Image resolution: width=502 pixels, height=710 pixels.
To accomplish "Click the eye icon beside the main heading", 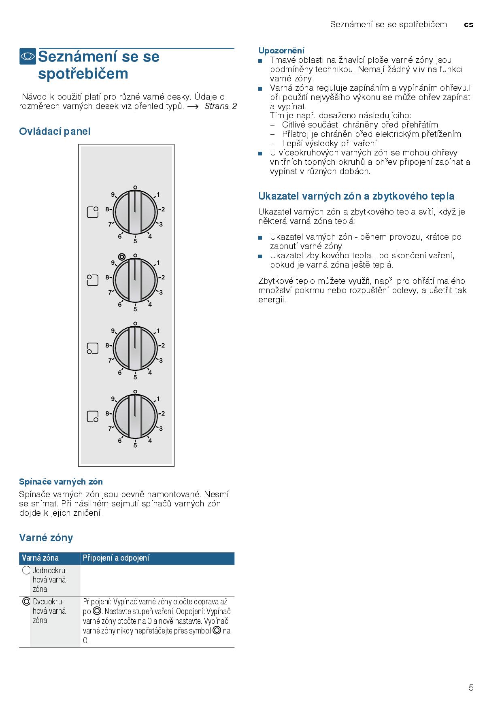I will point(28,56).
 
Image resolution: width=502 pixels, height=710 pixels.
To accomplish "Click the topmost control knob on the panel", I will point(135,212).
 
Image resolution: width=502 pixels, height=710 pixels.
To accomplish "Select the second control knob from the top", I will point(135,280).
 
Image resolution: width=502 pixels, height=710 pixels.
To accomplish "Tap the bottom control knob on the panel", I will point(135,416).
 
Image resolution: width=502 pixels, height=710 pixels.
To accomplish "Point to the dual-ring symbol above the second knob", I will point(121,256).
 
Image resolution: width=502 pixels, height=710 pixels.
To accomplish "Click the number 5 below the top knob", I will point(135,241).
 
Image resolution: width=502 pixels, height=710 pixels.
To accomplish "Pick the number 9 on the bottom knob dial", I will point(113,399).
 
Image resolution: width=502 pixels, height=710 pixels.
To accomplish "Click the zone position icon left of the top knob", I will point(93,212).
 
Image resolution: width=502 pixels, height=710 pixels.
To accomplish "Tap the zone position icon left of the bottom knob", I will point(93,417).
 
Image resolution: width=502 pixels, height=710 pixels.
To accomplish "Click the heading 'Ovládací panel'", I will point(55,131).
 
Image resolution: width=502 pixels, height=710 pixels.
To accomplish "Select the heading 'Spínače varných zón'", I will point(61,482).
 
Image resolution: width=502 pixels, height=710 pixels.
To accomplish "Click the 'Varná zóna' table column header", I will point(40,558).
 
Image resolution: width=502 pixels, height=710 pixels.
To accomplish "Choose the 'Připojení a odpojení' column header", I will point(116,558).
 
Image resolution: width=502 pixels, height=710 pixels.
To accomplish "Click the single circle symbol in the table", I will point(26,570).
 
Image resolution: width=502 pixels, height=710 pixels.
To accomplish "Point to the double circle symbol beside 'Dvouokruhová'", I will point(26,602).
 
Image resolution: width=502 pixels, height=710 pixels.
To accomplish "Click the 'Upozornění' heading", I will point(281,51).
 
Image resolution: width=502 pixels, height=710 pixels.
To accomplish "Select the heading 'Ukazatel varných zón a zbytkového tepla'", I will point(356,196).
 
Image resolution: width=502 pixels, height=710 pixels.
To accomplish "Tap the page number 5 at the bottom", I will point(471,687).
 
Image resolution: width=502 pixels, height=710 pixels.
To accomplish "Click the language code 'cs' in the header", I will point(468,24).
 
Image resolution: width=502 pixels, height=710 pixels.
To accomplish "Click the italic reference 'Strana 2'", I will point(221,106).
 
